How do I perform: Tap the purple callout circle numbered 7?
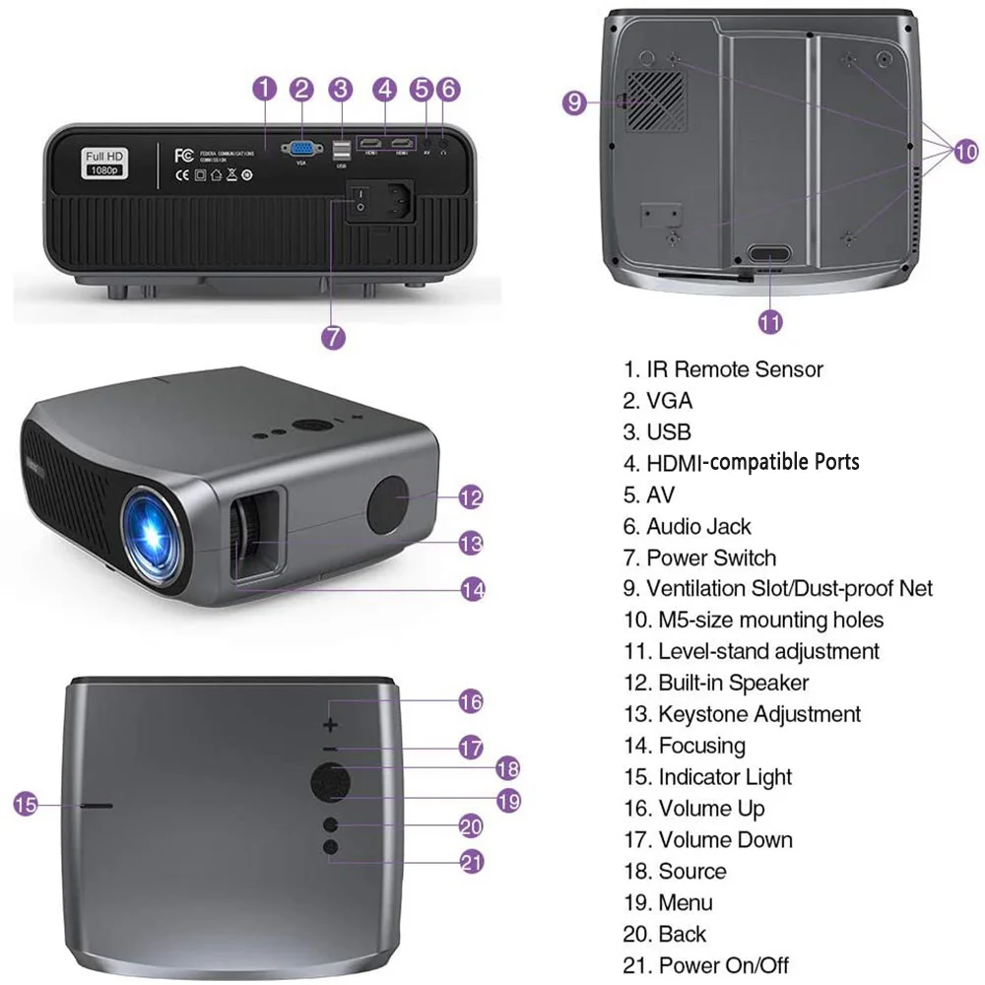[x=334, y=336]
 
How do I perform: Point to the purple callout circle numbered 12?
[x=471, y=497]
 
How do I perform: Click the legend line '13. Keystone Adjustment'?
[x=742, y=714]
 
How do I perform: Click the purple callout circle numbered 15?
[x=27, y=805]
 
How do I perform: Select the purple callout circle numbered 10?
[x=966, y=151]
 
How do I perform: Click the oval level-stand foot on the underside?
[x=769, y=253]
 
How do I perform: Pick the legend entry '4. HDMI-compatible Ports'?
[x=741, y=462]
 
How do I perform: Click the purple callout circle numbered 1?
[x=264, y=89]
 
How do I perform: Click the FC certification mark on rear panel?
[x=182, y=156]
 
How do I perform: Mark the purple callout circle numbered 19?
[x=507, y=801]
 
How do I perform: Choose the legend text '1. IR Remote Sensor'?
[x=722, y=369]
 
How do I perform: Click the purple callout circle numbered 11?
[x=770, y=321]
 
